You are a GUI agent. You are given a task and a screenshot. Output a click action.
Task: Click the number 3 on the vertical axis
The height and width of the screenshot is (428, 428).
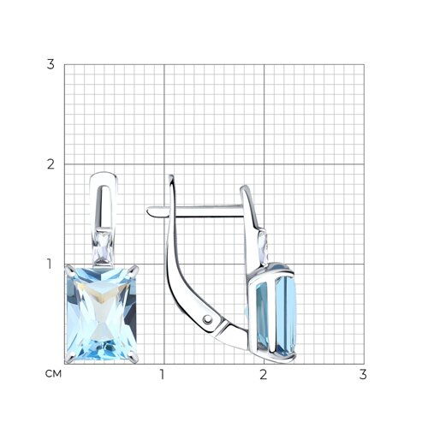pos(51,64)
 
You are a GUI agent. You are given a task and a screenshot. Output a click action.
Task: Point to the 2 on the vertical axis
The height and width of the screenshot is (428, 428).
pos(51,164)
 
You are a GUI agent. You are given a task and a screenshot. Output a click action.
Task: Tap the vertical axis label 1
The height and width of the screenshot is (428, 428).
pos(50,264)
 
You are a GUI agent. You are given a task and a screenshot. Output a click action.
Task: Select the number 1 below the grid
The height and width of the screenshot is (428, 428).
pos(163,374)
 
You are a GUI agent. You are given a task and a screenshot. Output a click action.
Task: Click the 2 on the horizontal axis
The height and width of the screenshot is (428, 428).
pos(263,374)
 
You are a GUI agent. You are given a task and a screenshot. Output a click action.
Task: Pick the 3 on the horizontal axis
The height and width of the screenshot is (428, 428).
pos(363,374)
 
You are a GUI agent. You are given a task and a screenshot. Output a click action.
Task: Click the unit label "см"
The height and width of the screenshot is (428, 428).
pos(53,374)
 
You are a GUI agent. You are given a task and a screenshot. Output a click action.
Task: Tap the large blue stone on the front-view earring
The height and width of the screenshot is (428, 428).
pos(102,313)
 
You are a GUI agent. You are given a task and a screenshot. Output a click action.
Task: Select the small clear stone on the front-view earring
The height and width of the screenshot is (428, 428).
pos(103,247)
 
